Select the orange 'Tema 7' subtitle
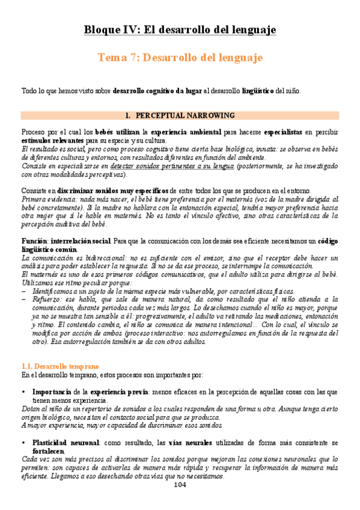[180, 58]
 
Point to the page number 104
[180, 485]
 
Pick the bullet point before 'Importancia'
[23, 392]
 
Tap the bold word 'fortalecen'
[49, 451]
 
